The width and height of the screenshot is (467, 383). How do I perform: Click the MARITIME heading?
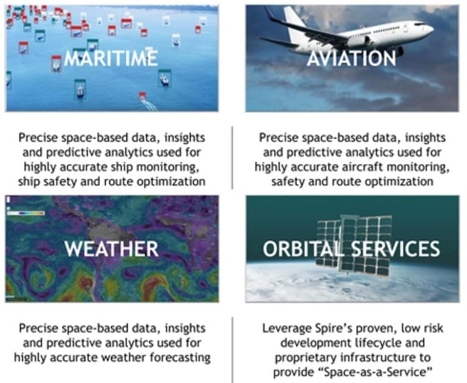[111, 58]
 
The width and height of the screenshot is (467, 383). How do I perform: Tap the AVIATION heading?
[351, 58]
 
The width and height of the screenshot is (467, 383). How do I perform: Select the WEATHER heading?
[111, 248]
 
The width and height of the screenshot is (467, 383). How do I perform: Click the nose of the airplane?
[430, 29]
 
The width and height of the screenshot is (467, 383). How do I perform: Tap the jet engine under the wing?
[360, 41]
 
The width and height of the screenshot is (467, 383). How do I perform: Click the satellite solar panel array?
[354, 245]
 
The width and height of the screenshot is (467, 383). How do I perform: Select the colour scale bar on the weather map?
[26, 213]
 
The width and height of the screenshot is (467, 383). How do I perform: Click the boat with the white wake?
[143, 97]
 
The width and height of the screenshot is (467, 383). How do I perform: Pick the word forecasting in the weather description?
[180, 357]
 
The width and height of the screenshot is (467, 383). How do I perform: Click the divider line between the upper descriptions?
[232, 158]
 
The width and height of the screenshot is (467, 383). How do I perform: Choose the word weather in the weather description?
[124, 357]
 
